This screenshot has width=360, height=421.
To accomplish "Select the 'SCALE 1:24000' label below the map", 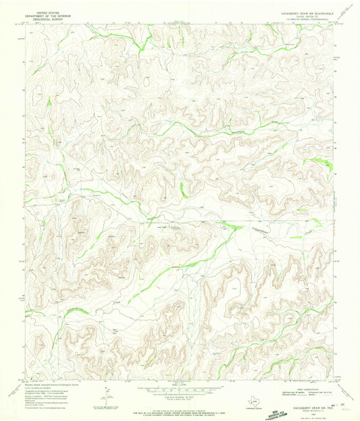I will pyautogui.click(x=180, y=387).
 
